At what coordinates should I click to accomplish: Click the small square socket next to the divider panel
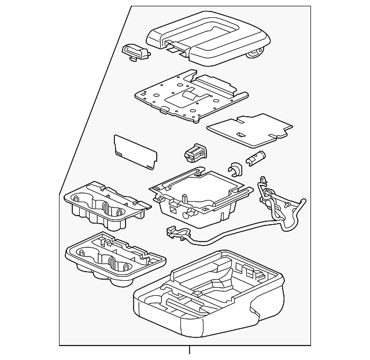pyautogui.click(x=194, y=153)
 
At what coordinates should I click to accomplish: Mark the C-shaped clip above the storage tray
pyautogui.click(x=235, y=169)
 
